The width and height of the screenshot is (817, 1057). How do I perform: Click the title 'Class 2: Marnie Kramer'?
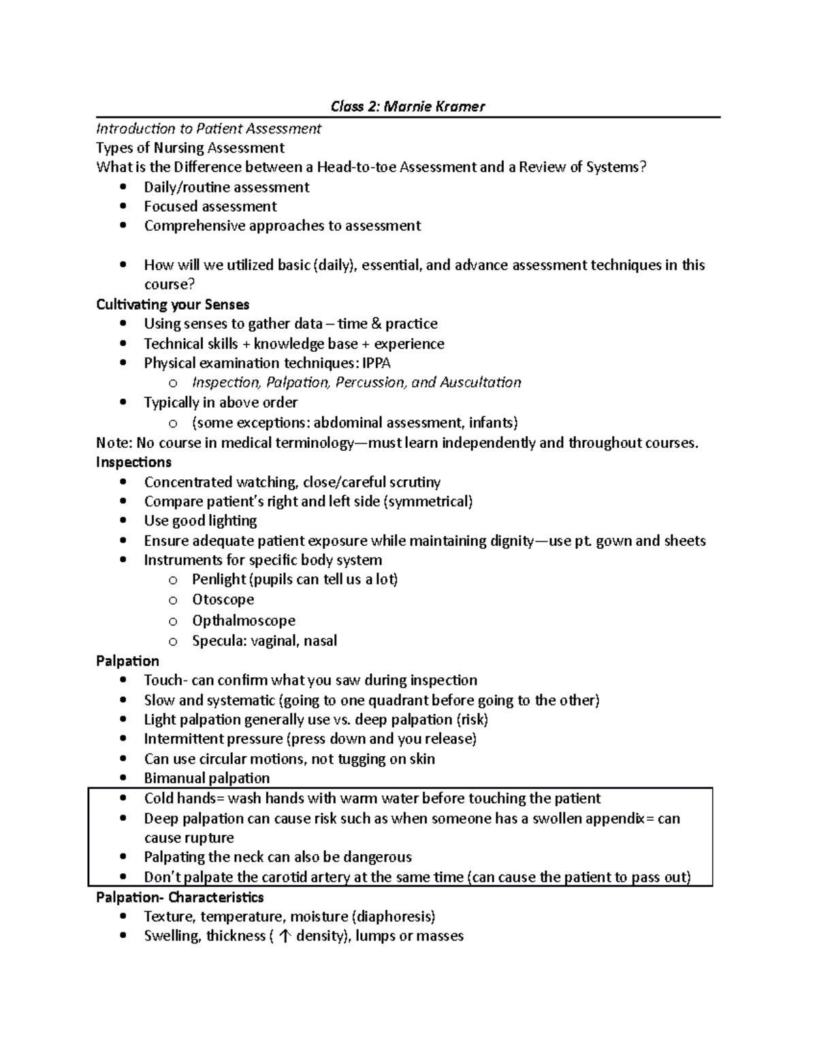(407, 106)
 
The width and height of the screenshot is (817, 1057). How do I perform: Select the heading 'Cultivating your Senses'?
(173, 304)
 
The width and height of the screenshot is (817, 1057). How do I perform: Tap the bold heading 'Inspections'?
(133, 462)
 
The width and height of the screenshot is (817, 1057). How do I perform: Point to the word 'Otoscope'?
(223, 600)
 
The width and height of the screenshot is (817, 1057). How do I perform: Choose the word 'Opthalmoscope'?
(243, 620)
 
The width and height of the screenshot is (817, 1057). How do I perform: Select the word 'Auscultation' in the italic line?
(481, 383)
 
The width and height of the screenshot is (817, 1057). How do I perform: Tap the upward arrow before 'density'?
(285, 937)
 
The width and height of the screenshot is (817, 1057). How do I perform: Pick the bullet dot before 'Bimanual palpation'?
(123, 778)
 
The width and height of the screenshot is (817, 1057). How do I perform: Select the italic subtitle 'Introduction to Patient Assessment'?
(208, 129)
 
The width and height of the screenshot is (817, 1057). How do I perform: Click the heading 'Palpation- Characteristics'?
(180, 897)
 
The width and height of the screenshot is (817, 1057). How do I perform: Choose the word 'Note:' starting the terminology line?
(114, 443)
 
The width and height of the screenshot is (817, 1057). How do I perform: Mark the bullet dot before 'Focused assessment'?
(123, 206)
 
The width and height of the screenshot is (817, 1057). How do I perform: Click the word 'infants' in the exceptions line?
(492, 423)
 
